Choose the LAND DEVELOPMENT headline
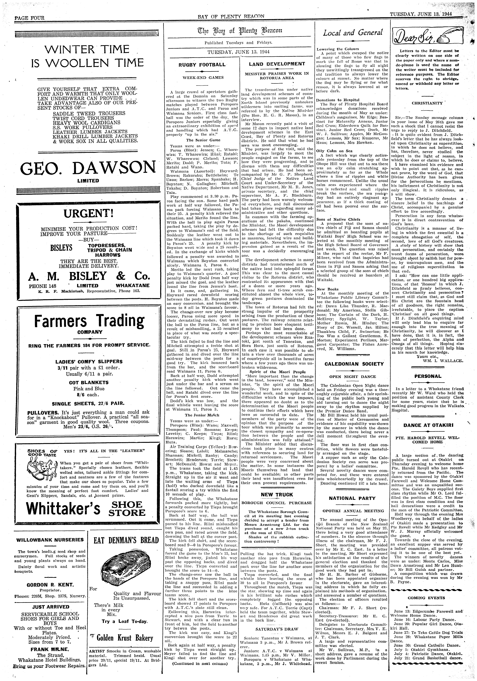tap(277, 64)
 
